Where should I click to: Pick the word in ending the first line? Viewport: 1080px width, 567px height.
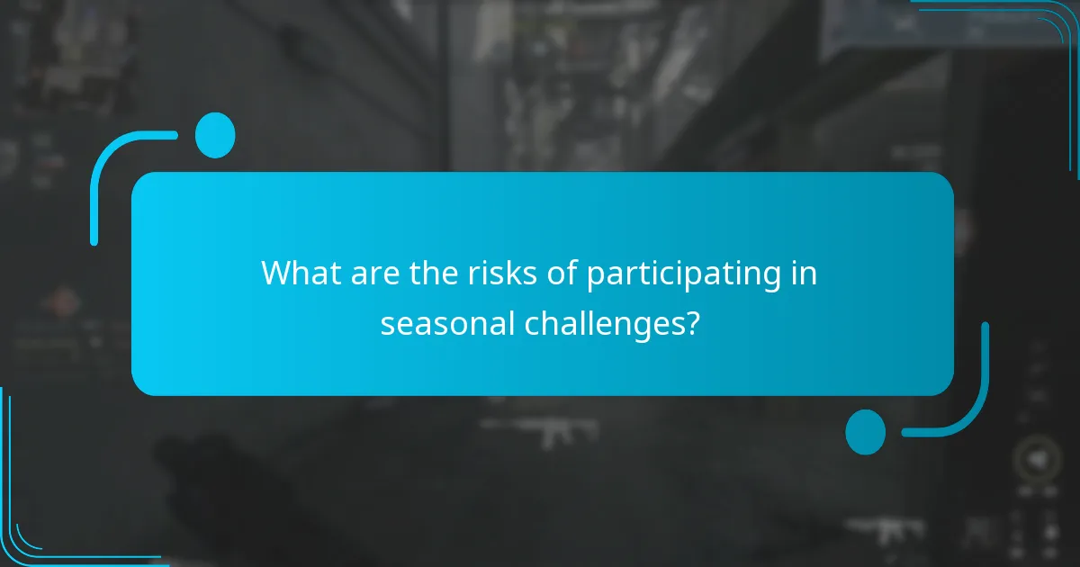click(805, 274)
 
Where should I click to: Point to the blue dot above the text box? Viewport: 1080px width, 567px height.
click(215, 136)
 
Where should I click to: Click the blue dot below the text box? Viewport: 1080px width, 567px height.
click(865, 431)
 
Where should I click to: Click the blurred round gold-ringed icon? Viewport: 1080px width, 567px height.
click(1037, 460)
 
